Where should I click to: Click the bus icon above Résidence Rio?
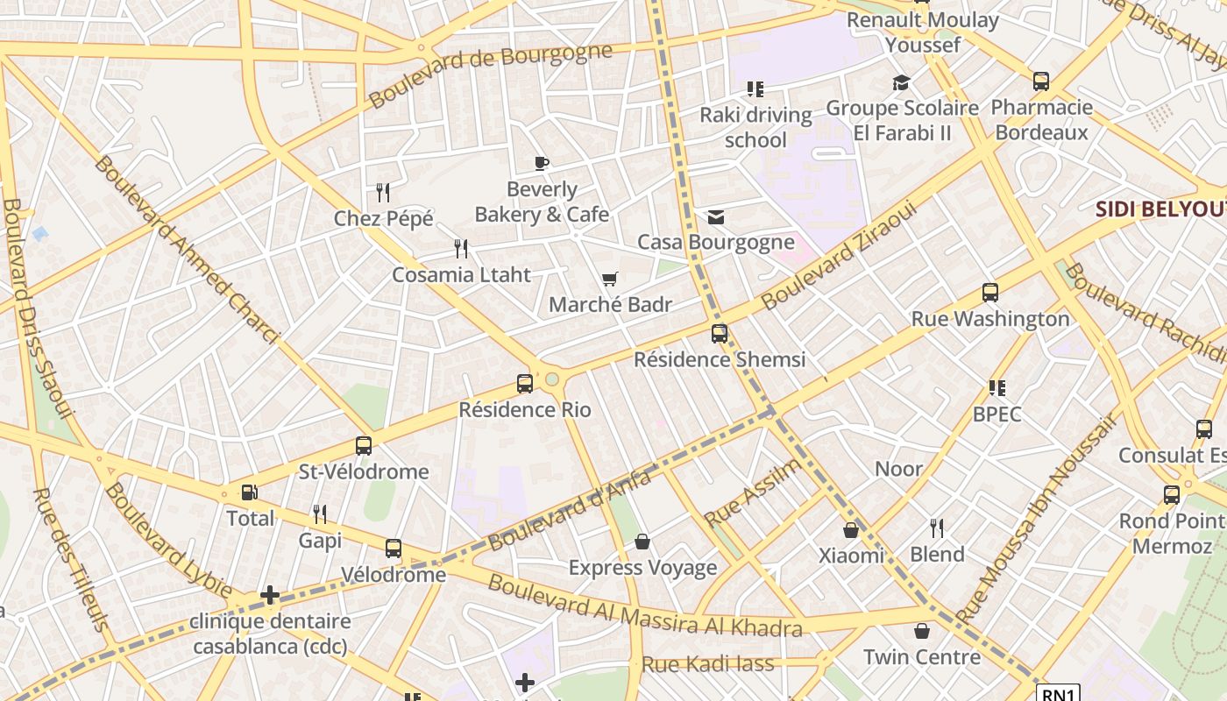[x=525, y=383]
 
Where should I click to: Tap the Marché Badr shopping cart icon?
[x=610, y=280]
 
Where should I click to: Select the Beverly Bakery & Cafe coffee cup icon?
[x=542, y=163]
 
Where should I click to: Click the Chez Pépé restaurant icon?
[x=383, y=192]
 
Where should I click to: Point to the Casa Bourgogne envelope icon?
[x=716, y=216]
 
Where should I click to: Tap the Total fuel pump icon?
[x=250, y=492]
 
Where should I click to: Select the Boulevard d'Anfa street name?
[x=571, y=510]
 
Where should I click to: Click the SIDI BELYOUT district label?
[x=1160, y=209]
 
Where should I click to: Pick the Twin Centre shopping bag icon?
[x=922, y=631]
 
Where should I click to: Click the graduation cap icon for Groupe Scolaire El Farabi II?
[x=901, y=83]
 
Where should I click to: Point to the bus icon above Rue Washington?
[x=990, y=293]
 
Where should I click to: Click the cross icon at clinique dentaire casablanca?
[x=270, y=596]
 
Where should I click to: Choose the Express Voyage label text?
[x=642, y=568]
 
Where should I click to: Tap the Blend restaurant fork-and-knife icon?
[x=937, y=528]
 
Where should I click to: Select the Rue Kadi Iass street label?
[x=708, y=663]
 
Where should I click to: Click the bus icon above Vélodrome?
[x=394, y=549]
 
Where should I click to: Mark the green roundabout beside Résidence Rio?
[x=552, y=379]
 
